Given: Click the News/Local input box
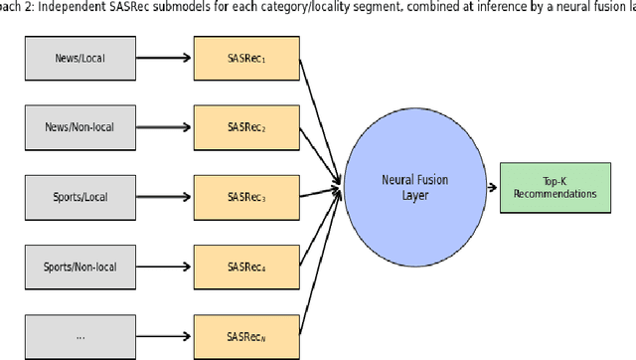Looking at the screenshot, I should (x=79, y=58).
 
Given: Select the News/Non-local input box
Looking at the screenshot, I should (x=79, y=127).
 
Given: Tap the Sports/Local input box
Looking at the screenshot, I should (x=79, y=197).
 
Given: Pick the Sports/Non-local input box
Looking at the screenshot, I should (x=79, y=267).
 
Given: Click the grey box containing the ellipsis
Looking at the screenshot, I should (x=79, y=336).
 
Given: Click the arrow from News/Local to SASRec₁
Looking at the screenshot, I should (x=165, y=58).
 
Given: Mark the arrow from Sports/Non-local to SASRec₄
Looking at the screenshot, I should (x=165, y=267).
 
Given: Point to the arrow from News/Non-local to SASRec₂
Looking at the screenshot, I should (x=165, y=127).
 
